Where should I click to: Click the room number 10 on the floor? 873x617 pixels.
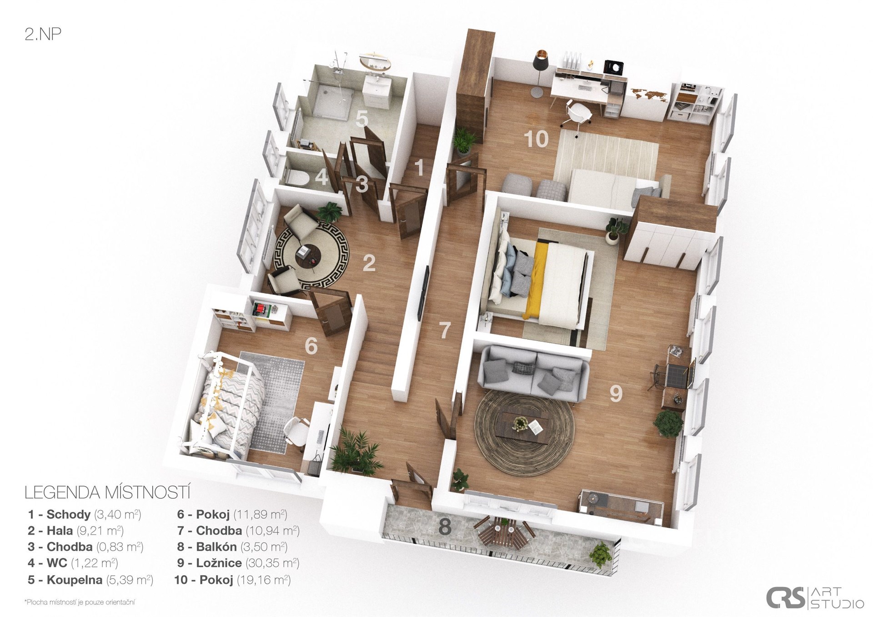536,139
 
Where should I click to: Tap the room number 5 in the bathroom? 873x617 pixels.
361,118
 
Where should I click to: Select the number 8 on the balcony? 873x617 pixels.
445,527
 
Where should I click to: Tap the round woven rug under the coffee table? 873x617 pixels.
524,432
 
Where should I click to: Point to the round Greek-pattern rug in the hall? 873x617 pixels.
311,254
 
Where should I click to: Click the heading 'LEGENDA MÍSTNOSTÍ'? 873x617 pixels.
107,492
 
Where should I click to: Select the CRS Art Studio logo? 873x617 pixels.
815,597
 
